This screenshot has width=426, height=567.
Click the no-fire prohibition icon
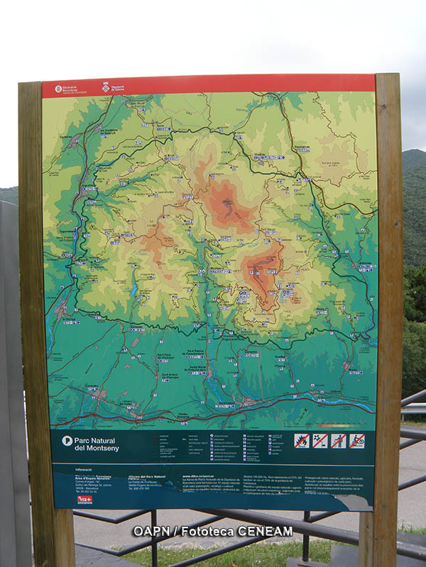302,440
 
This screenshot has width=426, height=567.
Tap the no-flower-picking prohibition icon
320,440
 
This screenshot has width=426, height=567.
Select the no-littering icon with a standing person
339,440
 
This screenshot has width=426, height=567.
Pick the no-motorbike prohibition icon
357,440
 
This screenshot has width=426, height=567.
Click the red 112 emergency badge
84,500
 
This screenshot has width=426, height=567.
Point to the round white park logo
67,440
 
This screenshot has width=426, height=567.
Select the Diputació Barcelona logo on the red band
67,89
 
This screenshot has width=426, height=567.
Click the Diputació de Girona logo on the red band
113,87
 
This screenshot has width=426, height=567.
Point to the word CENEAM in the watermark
266,531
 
